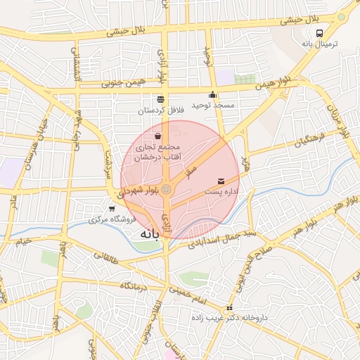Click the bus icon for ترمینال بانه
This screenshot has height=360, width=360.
click(x=321, y=32)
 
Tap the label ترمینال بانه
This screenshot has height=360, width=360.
click(x=320, y=44)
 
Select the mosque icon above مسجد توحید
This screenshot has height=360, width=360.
click(x=212, y=95)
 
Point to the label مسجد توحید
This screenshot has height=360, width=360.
click(x=215, y=105)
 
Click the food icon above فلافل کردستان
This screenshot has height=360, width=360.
click(x=160, y=99)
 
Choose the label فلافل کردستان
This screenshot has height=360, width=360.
click(x=160, y=110)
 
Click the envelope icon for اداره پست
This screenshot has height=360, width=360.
click(x=222, y=181)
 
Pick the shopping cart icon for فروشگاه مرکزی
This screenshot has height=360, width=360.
click(x=112, y=209)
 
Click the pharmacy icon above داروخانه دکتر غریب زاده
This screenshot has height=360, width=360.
click(x=229, y=309)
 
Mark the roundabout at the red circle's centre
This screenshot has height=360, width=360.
click(x=167, y=190)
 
